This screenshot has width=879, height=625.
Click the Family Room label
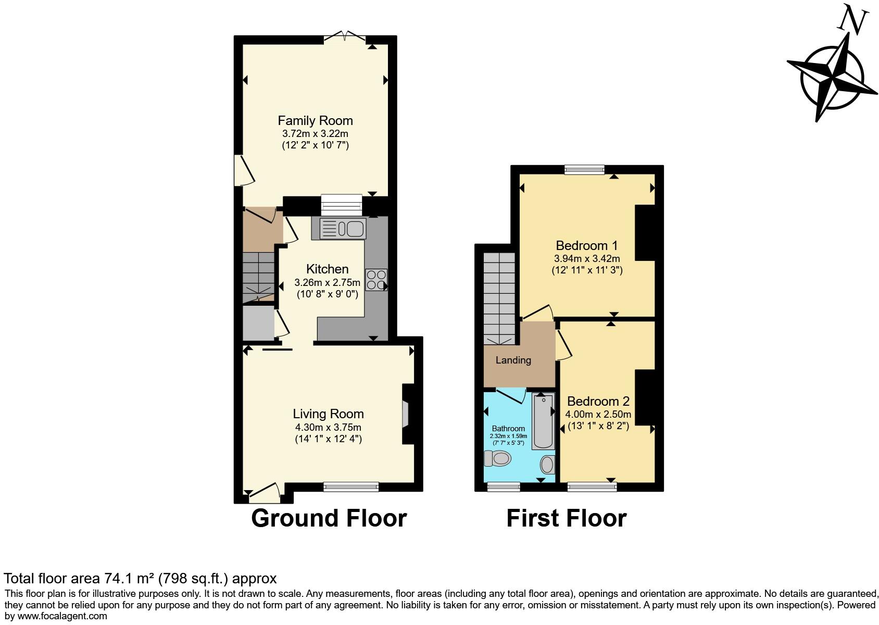[315, 121]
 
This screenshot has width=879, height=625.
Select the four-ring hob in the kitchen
[376, 280]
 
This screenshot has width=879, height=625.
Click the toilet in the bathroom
[498, 458]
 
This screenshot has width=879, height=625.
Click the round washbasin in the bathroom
[548, 464]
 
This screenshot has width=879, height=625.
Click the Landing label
[513, 360]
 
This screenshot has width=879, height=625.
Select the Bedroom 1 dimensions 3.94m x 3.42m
[587, 259]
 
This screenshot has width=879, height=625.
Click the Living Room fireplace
[406, 414]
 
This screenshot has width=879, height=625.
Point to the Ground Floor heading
[329, 518]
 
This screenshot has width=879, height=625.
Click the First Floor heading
[566, 518]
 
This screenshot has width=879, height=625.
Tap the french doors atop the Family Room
[344, 37]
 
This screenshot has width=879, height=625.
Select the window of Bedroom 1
[585, 169]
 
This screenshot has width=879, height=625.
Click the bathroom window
[504, 486]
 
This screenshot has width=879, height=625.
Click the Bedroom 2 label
[598, 401]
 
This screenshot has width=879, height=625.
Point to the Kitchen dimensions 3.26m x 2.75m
[327, 283]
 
